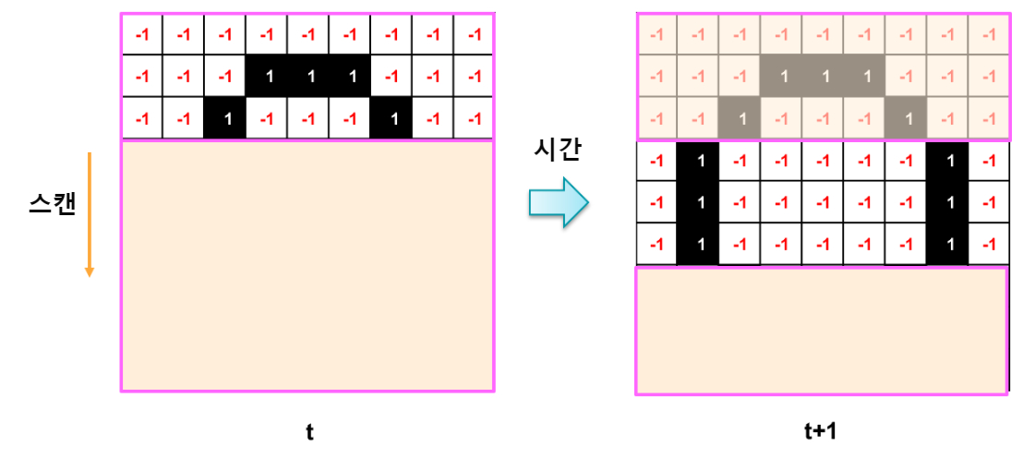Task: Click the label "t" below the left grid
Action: tap(309, 431)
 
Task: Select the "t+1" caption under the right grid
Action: tap(820, 431)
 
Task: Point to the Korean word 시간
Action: tap(558, 151)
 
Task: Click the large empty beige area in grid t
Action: tap(307, 265)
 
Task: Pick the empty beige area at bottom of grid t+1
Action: tap(821, 331)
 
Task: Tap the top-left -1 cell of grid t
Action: tap(142, 35)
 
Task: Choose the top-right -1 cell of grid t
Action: tap(474, 35)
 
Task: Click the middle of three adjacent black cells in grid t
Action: tap(309, 77)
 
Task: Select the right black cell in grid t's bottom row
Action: tap(391, 119)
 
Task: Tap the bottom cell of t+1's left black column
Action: tap(699, 245)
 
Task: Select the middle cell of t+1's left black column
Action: tap(699, 203)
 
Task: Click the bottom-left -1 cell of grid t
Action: tap(142, 119)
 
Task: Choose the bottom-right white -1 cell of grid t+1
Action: tap(989, 245)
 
